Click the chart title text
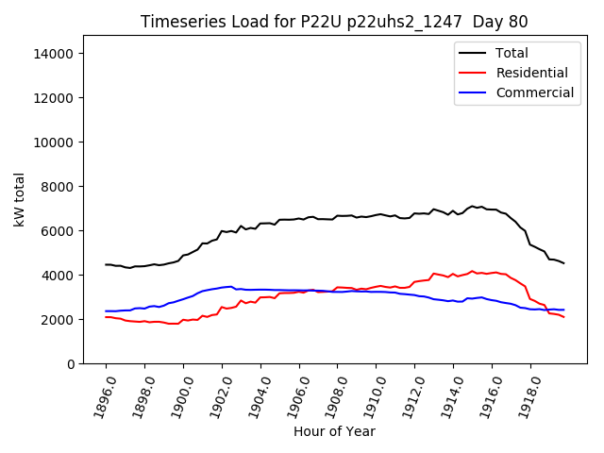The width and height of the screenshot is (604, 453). tap(334, 22)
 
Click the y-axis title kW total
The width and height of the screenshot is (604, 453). tap(20, 199)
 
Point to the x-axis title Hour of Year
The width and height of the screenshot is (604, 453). tap(334, 431)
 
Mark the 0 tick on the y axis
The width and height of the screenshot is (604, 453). tap(71, 364)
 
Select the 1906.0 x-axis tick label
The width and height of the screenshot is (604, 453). tap(293, 394)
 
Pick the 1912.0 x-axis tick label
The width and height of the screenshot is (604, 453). tap(409, 394)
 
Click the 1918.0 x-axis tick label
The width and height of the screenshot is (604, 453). tap(524, 394)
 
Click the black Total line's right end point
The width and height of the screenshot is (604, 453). tap(563, 263)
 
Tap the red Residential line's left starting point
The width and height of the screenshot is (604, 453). tap(106, 317)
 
